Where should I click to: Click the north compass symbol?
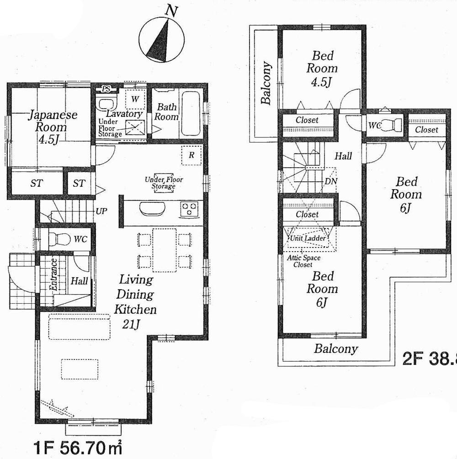pyautogui.click(x=162, y=38)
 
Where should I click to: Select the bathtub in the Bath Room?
pyautogui.click(x=191, y=112)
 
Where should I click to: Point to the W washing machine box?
pyautogui.click(x=135, y=99)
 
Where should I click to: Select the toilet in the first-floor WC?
pyautogui.click(x=60, y=238)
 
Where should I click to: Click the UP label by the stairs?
pyautogui.click(x=101, y=211)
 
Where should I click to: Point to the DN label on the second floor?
pyautogui.click(x=330, y=181)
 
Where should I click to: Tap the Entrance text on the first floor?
pyautogui.click(x=53, y=275)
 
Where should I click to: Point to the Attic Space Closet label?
pyautogui.click(x=303, y=261)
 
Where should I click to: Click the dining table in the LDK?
pyautogui.click(x=165, y=250)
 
